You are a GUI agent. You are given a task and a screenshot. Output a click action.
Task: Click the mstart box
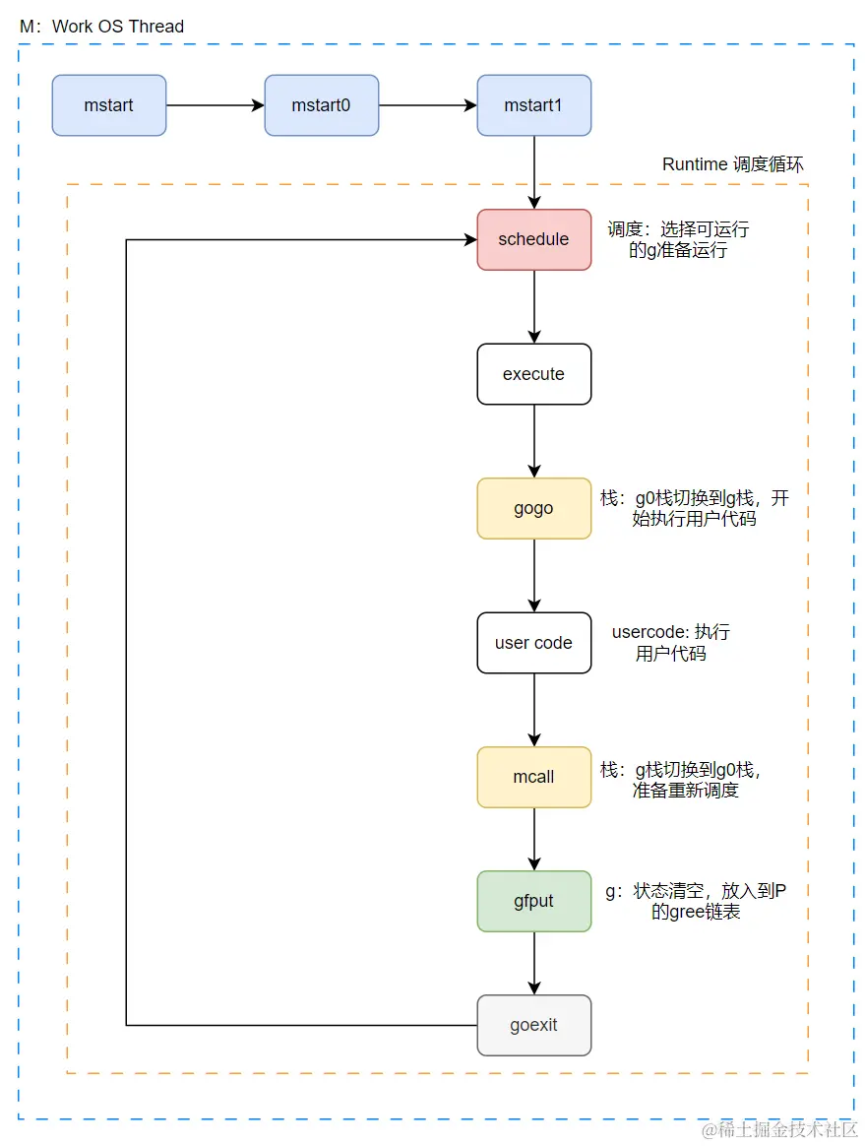[109, 105]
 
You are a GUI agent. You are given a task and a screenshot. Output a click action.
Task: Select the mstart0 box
[321, 105]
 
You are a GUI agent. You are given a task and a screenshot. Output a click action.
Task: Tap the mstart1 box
[533, 105]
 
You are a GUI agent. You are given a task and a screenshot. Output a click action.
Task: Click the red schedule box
[533, 239]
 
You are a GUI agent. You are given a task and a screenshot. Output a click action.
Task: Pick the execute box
[533, 374]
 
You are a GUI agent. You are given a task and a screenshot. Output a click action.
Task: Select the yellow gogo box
[533, 508]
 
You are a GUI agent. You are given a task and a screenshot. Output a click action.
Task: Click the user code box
[533, 643]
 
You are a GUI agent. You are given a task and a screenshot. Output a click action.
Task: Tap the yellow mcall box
[533, 777]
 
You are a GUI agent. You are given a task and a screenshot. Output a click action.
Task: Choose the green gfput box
[533, 901]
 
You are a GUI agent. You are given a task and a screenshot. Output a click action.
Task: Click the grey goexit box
[533, 1025]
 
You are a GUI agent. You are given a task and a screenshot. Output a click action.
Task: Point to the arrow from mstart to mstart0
[215, 105]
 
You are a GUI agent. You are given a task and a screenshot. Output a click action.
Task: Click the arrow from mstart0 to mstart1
[427, 105]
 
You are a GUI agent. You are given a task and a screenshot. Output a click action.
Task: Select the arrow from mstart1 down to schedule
[534, 172]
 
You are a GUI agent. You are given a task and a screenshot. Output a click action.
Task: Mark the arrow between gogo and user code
[534, 575]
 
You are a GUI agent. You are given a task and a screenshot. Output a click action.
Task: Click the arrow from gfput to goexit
[534, 963]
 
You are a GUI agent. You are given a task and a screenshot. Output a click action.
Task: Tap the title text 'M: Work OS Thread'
[102, 27]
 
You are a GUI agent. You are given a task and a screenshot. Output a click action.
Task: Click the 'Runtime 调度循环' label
[734, 164]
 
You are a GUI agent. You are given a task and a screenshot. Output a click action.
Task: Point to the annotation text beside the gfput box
[695, 902]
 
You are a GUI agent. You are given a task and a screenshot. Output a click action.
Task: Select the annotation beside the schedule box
[678, 239]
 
